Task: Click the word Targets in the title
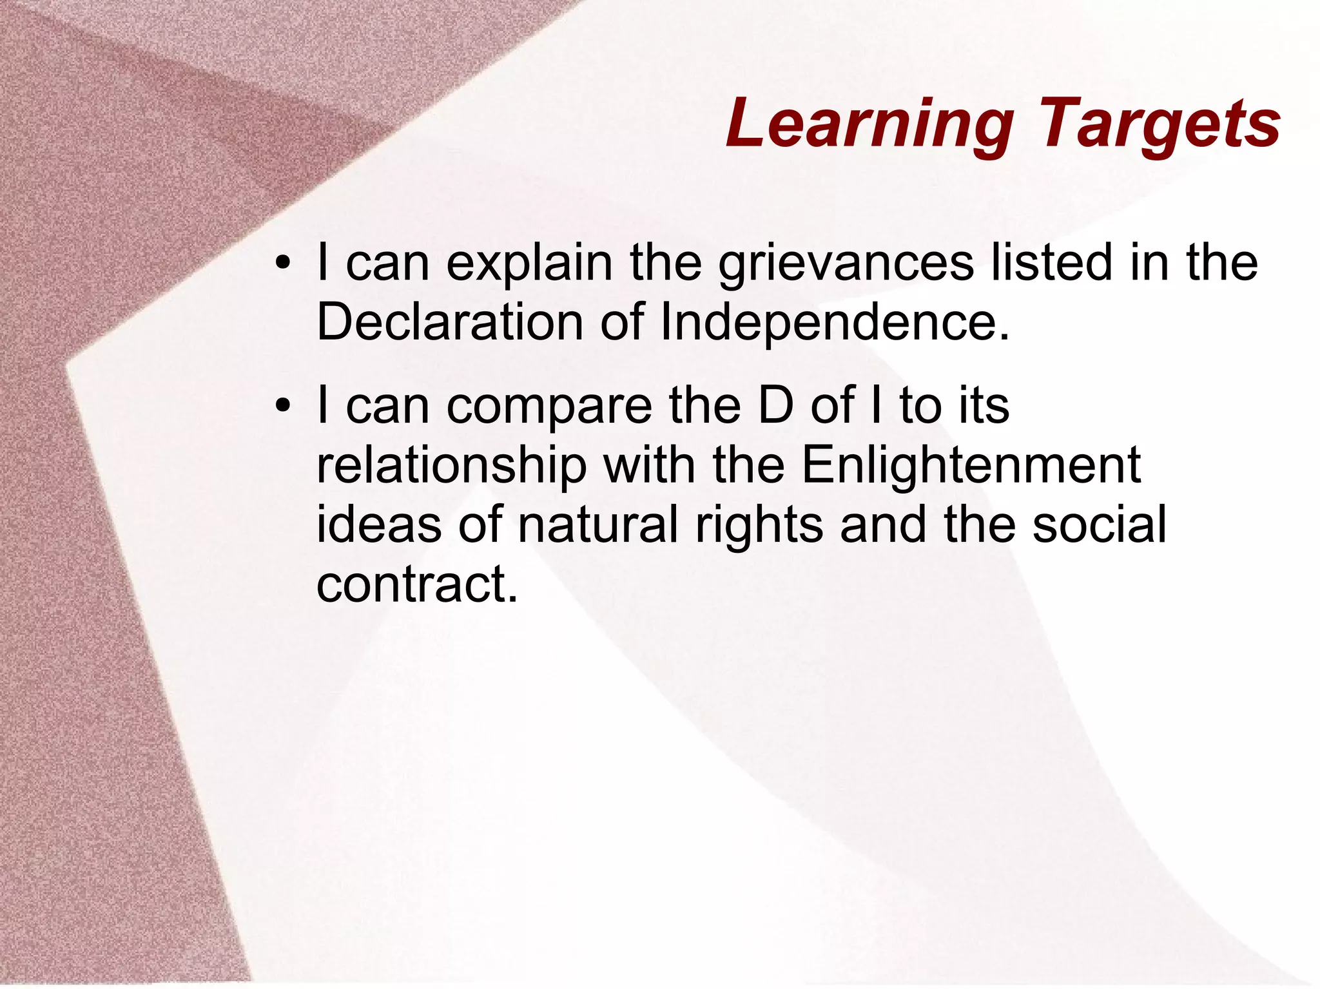click(1159, 124)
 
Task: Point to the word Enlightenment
click(971, 465)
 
